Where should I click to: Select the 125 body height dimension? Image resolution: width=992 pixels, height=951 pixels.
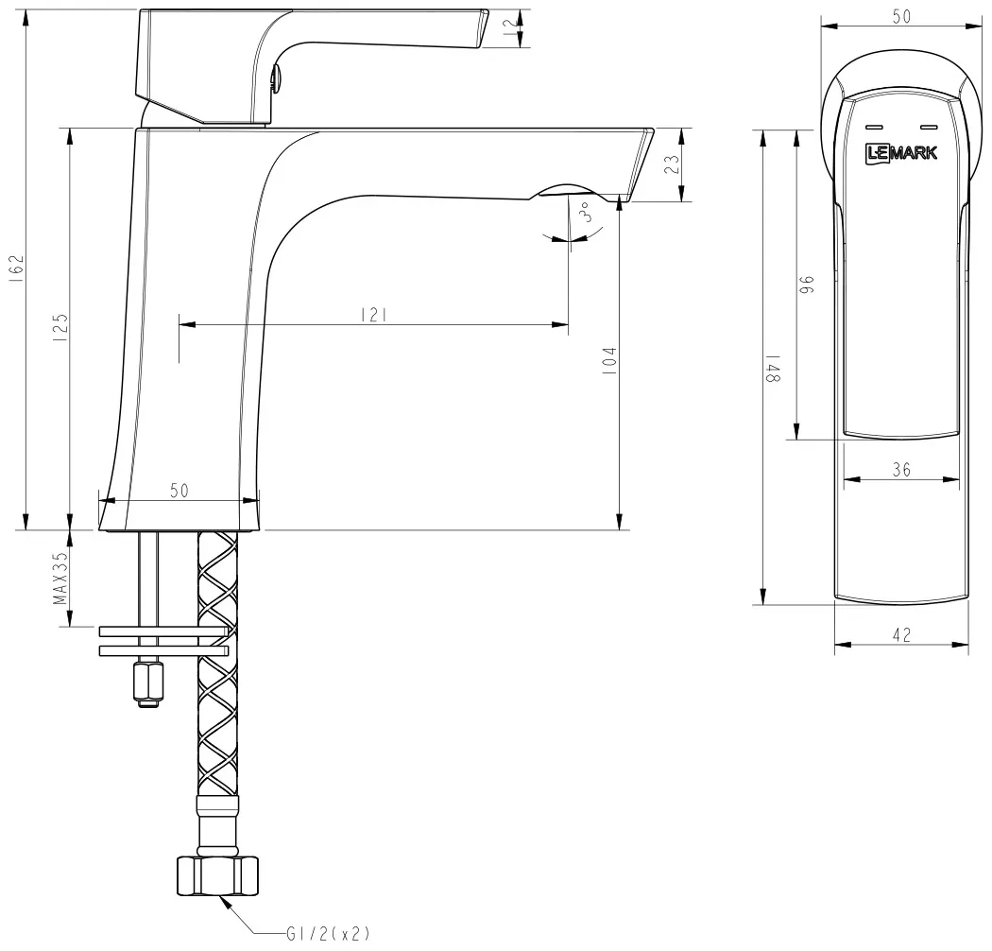60,327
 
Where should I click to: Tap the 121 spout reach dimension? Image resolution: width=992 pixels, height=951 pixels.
373,315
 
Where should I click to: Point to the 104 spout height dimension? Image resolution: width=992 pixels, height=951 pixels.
608,361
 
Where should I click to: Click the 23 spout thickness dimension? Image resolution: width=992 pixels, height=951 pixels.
673,164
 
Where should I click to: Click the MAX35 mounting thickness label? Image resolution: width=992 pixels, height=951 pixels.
60,579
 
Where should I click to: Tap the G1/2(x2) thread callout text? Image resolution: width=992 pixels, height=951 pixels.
328,933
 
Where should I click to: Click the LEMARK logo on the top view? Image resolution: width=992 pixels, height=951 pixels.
901,152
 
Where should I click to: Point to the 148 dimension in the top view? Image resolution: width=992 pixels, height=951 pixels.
773,368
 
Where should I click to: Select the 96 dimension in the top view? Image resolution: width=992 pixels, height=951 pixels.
807,285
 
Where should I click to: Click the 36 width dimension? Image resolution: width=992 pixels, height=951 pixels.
901,470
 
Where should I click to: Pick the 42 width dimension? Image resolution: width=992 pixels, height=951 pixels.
901,634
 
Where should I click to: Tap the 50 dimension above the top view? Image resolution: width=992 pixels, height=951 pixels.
901,16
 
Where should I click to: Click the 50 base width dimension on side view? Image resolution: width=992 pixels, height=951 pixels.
180,490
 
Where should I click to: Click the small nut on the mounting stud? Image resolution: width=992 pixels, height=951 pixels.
147,683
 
